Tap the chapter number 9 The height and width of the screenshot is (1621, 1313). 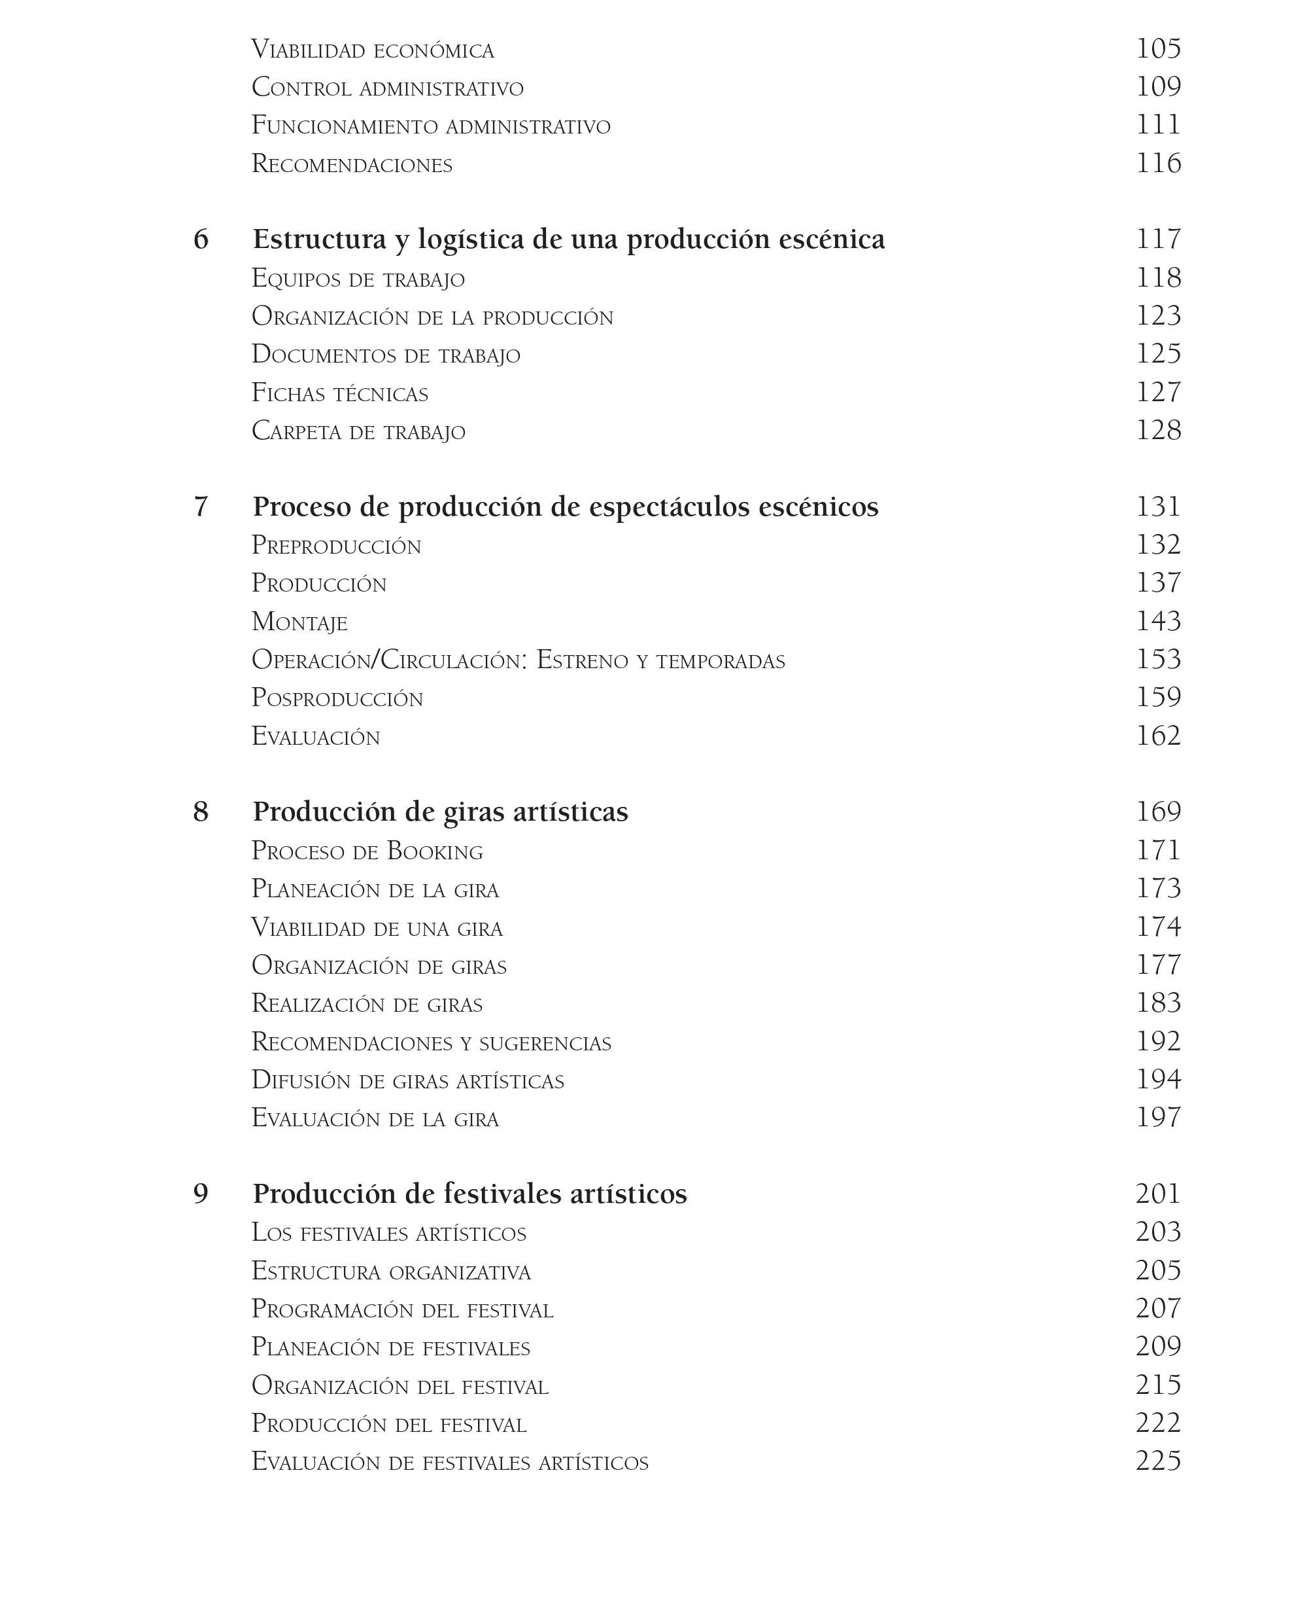point(201,1194)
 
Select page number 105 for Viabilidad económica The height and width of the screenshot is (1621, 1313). point(1157,49)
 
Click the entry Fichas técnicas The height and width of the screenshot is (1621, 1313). point(339,393)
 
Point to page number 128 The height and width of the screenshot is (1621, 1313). point(1157,431)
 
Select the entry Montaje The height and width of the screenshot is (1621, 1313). point(299,622)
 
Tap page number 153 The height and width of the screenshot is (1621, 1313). point(1157,659)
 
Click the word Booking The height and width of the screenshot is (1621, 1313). point(435,851)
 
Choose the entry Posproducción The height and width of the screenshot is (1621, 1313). point(337,698)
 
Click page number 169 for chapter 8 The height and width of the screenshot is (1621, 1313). point(1157,812)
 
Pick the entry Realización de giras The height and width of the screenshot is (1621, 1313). point(367,1005)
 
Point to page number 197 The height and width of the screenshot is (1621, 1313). point(1157,1118)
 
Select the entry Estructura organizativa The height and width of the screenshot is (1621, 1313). point(391,1272)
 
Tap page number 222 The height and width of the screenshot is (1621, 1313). point(1157,1423)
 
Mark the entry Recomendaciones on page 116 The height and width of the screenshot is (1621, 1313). point(352,164)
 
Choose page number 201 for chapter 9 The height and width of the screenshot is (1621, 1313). point(1157,1194)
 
